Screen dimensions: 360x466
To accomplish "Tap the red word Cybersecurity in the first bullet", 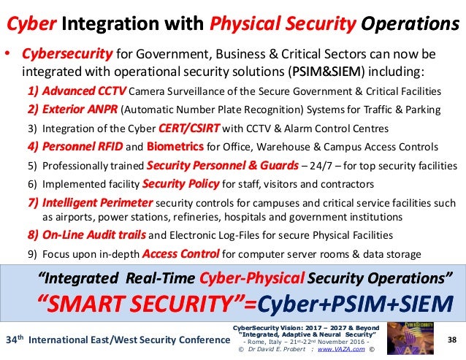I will (66, 55).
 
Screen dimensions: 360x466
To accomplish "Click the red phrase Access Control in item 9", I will (182, 254).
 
